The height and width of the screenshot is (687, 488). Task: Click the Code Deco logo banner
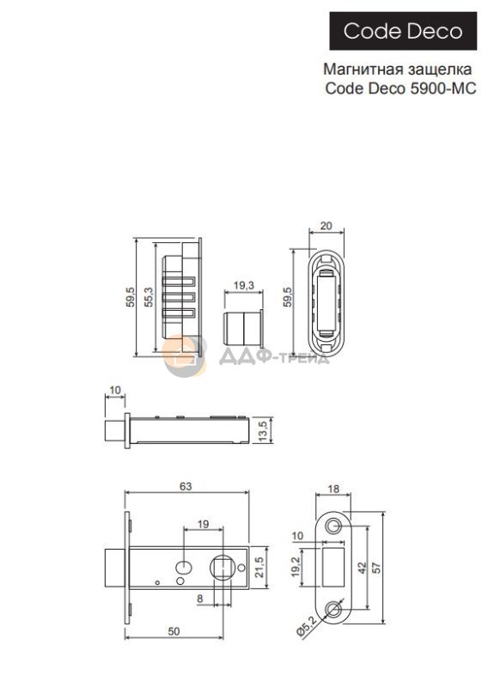[x=403, y=31]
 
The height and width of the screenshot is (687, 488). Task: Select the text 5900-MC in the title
[x=443, y=88]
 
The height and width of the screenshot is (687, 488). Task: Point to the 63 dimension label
[x=186, y=486]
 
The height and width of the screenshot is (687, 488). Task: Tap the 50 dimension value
[x=174, y=631]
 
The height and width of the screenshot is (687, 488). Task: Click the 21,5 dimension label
[x=259, y=567]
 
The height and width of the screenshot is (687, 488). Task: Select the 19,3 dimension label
[x=244, y=286]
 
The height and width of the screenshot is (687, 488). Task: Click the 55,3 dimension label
[x=149, y=296]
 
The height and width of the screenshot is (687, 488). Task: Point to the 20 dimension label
[x=326, y=226]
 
